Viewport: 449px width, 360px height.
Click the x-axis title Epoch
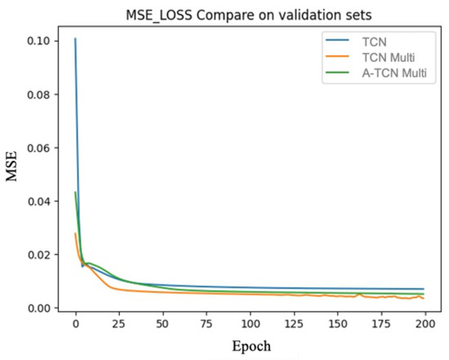point(251,346)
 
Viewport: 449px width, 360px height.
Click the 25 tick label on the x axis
point(119,325)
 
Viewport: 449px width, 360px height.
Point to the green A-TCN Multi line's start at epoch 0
point(75,193)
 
